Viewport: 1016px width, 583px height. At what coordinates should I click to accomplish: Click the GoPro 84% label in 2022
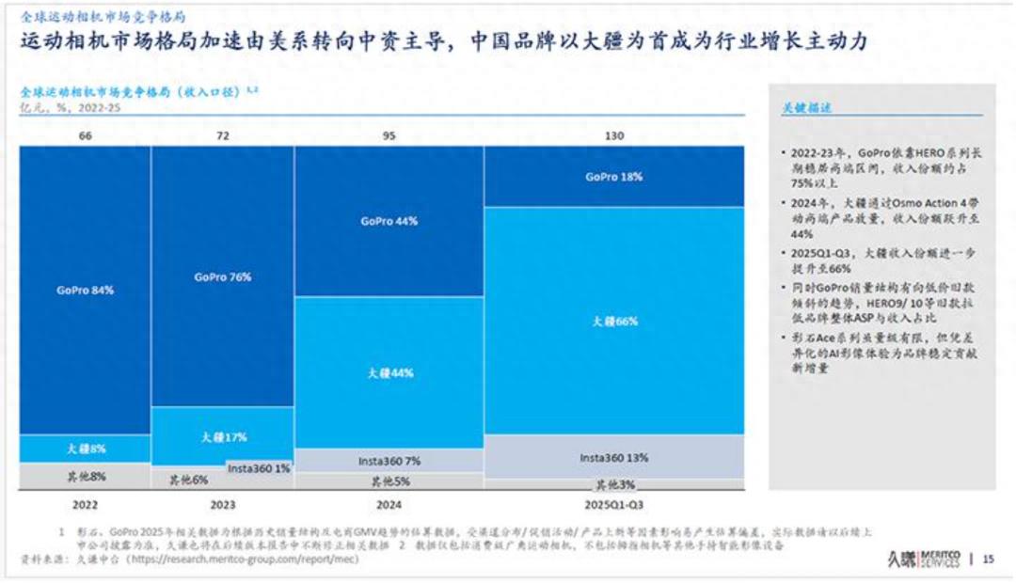[85, 290]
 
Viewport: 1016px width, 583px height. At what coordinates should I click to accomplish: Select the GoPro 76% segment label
[223, 277]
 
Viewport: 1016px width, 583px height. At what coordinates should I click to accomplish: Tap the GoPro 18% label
[614, 177]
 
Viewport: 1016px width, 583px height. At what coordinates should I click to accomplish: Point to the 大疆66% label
[614, 321]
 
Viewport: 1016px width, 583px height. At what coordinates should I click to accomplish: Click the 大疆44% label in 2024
[389, 372]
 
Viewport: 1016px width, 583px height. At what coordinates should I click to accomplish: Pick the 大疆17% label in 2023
[223, 437]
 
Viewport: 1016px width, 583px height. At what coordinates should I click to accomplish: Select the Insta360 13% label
[614, 457]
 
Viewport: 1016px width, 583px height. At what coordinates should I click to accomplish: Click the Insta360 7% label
[389, 462]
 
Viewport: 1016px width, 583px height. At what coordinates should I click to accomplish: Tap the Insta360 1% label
[259, 467]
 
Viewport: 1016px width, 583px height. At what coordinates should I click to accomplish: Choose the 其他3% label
[614, 485]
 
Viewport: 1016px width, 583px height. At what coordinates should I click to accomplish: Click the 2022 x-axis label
[85, 504]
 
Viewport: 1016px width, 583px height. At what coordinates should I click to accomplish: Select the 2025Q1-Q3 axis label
[614, 504]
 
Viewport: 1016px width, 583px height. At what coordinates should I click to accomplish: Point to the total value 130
[614, 136]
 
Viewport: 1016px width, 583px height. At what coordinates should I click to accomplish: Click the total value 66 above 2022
[85, 136]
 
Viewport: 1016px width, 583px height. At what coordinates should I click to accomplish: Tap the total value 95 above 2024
[389, 136]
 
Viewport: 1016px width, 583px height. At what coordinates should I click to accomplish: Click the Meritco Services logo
[922, 559]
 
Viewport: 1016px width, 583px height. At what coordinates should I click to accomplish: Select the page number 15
[988, 559]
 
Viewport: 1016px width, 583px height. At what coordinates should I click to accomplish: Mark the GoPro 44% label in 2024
[389, 221]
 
